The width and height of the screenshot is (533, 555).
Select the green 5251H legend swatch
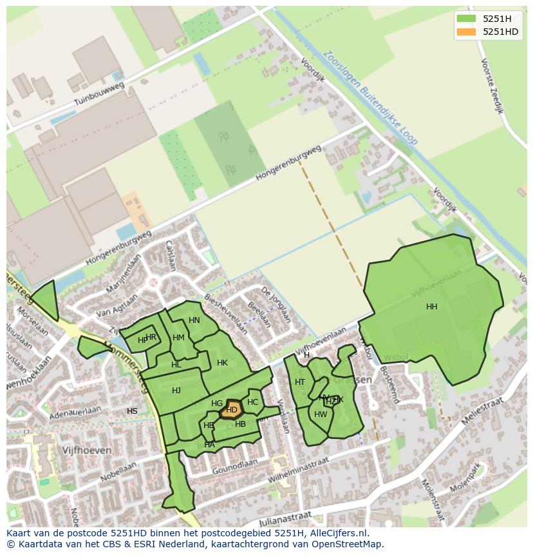pos(465,19)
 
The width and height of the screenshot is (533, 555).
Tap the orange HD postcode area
pos(232,410)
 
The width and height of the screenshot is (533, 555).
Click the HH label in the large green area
pos(431,307)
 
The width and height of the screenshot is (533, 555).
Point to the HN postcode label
pos(194,320)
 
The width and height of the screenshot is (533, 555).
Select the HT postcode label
pos(300,382)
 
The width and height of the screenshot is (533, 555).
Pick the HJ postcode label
pos(176,391)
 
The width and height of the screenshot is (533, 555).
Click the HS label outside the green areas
pos(132,411)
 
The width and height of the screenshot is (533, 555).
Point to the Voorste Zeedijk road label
pos(491,86)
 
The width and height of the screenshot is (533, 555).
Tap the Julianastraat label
pos(285,520)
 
